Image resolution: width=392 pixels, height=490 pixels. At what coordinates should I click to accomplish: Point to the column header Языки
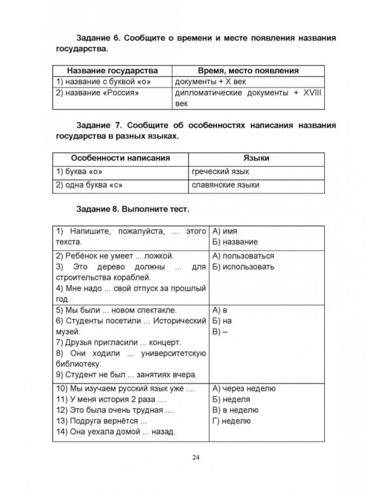[256, 158]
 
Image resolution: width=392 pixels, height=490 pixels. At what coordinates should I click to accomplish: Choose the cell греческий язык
[220, 172]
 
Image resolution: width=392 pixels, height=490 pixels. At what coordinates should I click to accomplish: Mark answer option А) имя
[225, 231]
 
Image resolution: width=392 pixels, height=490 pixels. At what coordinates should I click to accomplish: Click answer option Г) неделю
[231, 421]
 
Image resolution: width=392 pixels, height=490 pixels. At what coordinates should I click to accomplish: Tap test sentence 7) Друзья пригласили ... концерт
[118, 342]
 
